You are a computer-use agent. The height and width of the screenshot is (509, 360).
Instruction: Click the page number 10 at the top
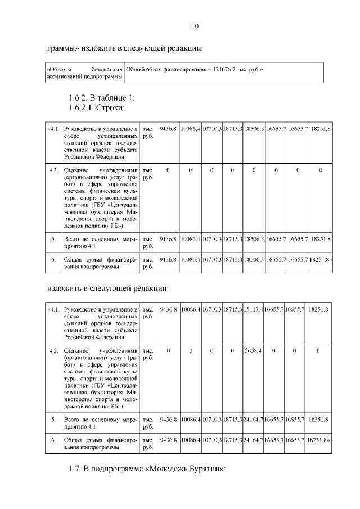[x=195, y=26]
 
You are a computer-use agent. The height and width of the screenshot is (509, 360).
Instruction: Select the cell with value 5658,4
[x=253, y=350]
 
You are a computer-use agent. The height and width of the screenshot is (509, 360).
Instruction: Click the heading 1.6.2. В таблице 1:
[x=98, y=98]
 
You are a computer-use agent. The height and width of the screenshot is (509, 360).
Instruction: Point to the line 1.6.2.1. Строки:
[x=96, y=107]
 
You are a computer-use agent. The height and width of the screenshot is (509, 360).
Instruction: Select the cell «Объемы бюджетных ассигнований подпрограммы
[x=83, y=73]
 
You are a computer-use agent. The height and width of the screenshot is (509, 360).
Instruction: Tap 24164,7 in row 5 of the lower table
[x=254, y=420]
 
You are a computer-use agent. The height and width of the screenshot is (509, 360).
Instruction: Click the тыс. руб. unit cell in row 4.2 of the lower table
[x=147, y=354]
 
